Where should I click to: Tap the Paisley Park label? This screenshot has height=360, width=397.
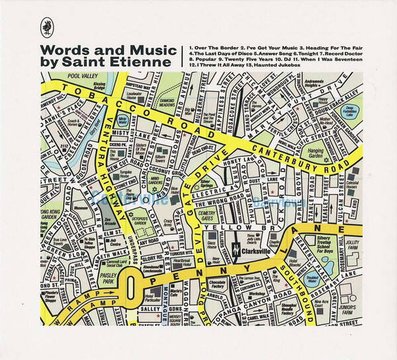click(96, 271)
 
